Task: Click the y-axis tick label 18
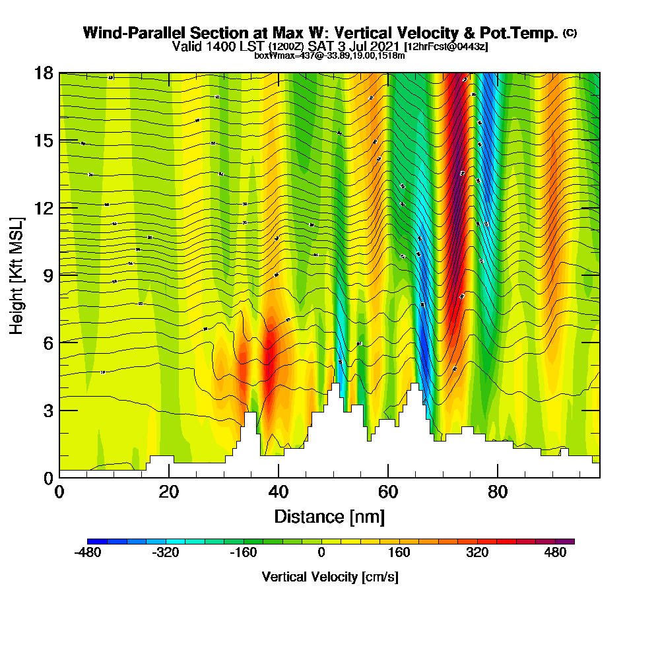click(x=44, y=73)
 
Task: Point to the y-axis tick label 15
click(x=44, y=141)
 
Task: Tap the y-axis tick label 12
click(x=44, y=208)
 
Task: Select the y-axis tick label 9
click(x=48, y=275)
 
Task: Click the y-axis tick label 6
click(x=48, y=343)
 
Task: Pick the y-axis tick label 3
click(x=48, y=411)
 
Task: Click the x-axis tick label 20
click(x=169, y=492)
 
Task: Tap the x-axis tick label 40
click(x=279, y=492)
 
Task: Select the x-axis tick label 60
click(x=388, y=492)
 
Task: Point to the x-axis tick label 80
click(x=498, y=492)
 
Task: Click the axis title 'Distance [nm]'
click(x=329, y=516)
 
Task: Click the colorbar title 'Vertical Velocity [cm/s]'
click(x=330, y=577)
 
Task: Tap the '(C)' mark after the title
click(x=570, y=33)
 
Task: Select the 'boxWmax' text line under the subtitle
click(x=329, y=55)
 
